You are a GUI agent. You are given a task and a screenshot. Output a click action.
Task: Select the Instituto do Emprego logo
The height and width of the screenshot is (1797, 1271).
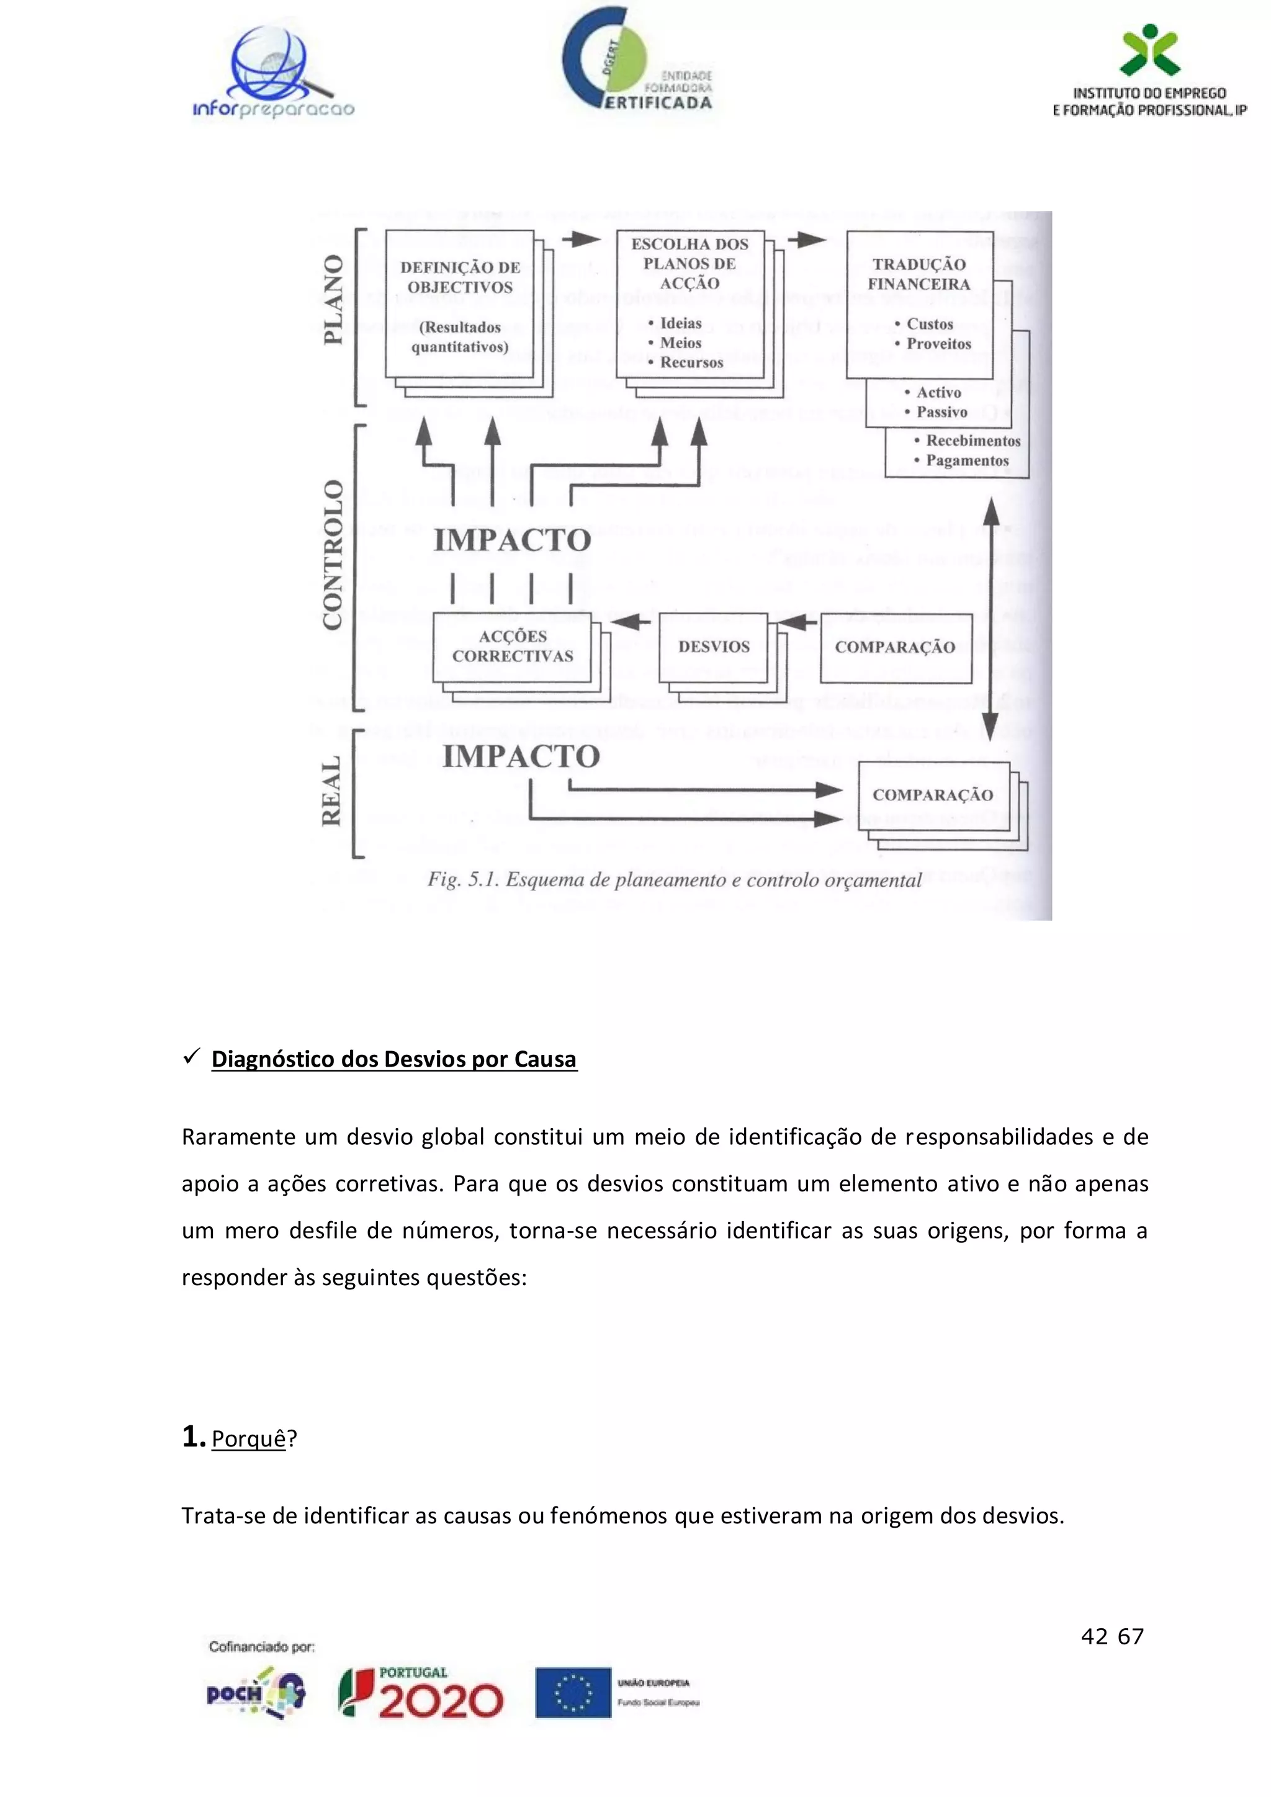coord(1148,72)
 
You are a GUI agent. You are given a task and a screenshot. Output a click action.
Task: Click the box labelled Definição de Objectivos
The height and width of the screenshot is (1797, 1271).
coord(460,305)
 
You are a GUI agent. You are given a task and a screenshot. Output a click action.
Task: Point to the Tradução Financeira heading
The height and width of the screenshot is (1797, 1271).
coord(919,274)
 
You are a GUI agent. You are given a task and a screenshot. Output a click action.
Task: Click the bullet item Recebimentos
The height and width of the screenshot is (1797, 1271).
coord(973,441)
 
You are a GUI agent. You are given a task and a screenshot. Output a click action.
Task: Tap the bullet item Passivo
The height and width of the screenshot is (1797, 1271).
coord(941,413)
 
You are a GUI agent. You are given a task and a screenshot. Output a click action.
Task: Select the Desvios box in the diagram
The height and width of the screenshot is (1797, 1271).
coord(714,647)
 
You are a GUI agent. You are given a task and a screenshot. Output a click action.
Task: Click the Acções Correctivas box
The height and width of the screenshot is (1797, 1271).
coord(513,647)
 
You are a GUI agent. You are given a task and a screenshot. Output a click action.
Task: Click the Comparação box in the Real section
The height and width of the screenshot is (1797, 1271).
coord(933,795)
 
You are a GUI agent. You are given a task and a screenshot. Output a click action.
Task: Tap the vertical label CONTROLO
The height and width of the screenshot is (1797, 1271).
coord(333,555)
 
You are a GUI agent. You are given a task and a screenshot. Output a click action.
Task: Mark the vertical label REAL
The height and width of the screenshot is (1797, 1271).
coord(332,791)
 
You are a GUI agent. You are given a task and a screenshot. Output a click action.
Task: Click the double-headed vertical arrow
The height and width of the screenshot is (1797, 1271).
coord(991,618)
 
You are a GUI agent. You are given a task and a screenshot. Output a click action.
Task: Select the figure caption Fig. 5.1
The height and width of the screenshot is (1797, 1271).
coord(674,881)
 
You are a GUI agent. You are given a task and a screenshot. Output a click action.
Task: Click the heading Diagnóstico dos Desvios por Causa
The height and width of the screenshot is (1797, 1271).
coord(393,1059)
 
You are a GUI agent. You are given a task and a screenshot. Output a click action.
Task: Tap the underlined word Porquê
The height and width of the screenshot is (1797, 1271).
coord(248,1438)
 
